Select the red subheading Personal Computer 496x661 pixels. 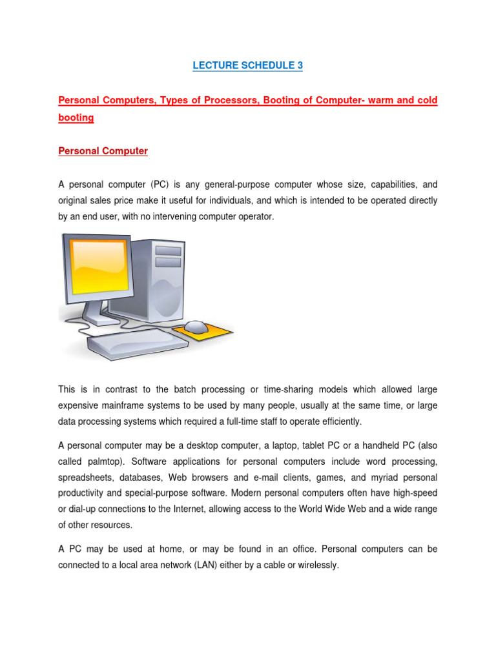click(x=103, y=151)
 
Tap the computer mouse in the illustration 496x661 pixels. click(x=196, y=327)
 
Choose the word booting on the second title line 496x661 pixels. click(x=76, y=118)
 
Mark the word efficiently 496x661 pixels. click(x=336, y=422)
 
